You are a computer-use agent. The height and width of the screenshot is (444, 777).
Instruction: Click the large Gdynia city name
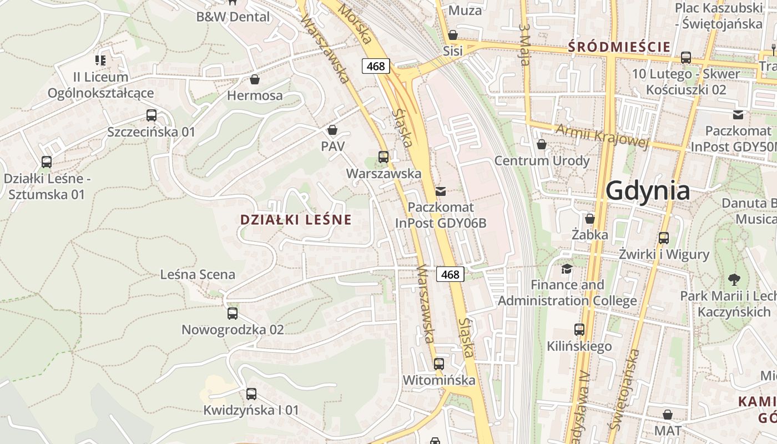click(648, 191)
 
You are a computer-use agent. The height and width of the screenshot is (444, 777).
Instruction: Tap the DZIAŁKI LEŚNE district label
click(296, 220)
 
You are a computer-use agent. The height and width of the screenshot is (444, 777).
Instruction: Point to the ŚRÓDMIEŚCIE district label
click(619, 47)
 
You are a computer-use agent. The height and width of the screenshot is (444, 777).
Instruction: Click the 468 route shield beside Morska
click(376, 66)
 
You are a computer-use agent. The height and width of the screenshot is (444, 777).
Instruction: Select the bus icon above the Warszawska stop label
click(383, 157)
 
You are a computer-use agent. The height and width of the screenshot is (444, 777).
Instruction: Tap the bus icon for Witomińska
click(438, 364)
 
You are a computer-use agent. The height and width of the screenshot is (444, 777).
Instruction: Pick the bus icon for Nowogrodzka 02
click(233, 313)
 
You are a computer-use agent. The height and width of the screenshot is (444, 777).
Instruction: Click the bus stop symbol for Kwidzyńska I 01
click(251, 394)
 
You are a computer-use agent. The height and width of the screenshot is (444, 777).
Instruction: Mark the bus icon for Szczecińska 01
click(151, 115)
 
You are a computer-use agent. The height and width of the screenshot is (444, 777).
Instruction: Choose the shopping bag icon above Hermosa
click(255, 79)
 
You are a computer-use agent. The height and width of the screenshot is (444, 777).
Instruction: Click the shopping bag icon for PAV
click(332, 130)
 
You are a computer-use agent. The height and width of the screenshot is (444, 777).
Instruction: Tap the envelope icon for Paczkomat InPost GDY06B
click(441, 191)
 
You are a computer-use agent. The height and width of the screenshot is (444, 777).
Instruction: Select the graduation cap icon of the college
click(567, 269)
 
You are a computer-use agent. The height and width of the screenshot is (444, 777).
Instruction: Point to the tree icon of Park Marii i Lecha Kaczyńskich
click(734, 279)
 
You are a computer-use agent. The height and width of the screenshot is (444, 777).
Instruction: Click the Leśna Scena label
click(198, 274)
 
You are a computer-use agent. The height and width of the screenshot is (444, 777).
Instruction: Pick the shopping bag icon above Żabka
click(589, 219)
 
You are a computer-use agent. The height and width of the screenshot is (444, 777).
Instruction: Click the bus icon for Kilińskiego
click(579, 330)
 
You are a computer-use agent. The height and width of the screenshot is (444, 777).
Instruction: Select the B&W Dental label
click(233, 17)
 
